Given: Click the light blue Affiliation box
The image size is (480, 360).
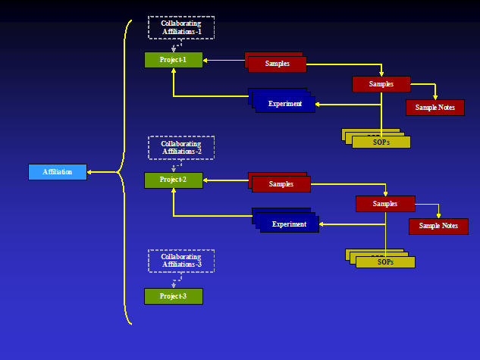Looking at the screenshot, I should click(x=58, y=172).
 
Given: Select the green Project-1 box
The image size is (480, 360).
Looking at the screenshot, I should click(x=174, y=60).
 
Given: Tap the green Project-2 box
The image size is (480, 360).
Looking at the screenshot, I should click(x=174, y=180).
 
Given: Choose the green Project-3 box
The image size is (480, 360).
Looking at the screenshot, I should click(x=174, y=296).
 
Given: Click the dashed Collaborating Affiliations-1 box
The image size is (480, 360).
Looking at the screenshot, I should click(x=181, y=27).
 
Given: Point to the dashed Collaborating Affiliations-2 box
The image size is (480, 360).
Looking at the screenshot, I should click(x=181, y=148).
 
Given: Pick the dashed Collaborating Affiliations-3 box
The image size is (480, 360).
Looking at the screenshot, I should click(x=181, y=261).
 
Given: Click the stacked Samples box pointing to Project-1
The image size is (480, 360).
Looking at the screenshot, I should click(x=277, y=64).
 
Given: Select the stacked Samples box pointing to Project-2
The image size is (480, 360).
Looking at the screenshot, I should click(x=281, y=184).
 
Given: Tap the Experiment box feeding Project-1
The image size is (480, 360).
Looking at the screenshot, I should click(x=285, y=104).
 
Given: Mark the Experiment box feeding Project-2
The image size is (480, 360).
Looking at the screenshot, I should click(x=289, y=224).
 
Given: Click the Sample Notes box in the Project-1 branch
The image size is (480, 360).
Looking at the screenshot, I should click(x=435, y=108).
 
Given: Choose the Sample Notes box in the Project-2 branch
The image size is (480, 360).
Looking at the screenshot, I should click(x=438, y=226).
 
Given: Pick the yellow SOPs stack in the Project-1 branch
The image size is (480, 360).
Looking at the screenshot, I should click(x=381, y=141).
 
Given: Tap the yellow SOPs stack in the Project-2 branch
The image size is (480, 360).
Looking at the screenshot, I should click(x=385, y=262).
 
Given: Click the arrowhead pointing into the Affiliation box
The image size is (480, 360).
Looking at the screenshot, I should click(x=90, y=172).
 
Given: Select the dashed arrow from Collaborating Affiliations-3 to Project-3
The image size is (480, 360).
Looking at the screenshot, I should click(x=174, y=283).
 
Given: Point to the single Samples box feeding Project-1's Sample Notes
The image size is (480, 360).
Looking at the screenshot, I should click(x=381, y=84).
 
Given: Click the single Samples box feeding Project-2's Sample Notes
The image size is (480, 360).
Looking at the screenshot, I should click(x=385, y=203).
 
